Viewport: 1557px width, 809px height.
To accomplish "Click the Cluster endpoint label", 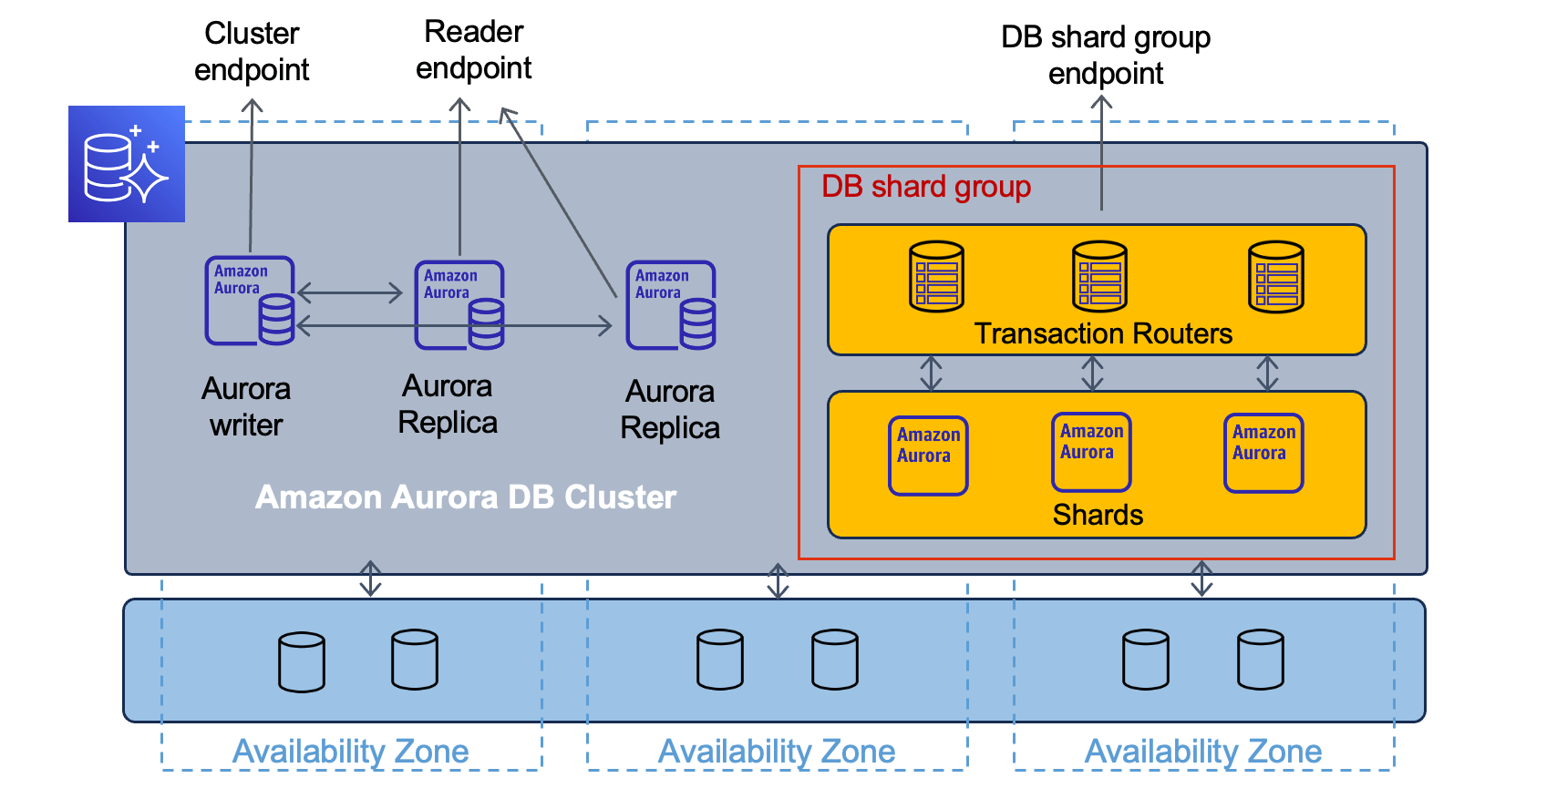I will tap(252, 51).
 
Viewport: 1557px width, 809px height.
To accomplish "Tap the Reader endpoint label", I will tap(473, 49).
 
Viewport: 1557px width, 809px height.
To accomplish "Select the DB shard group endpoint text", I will tap(1105, 55).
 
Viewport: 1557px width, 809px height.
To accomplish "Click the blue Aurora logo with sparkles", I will tap(127, 164).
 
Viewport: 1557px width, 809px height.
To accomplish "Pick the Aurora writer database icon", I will tap(250, 301).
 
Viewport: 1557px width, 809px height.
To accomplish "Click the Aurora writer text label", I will tap(246, 406).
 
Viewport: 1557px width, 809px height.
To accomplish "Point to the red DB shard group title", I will tap(925, 187).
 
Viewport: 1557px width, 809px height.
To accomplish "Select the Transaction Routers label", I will tap(1103, 333).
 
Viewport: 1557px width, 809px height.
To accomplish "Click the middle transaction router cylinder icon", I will tap(1099, 276).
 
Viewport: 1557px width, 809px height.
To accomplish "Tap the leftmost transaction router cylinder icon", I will tap(936, 276).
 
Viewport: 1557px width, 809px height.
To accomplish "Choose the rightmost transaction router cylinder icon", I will tap(1275, 276).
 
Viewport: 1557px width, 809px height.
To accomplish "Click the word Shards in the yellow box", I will tap(1098, 515).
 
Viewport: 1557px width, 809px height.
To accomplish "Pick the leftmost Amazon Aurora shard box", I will tap(928, 456).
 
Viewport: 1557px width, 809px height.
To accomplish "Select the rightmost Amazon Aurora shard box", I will tap(1263, 453).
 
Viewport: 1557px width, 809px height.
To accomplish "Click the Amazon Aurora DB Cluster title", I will tap(465, 497).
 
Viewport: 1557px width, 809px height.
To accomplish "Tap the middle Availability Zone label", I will tap(777, 752).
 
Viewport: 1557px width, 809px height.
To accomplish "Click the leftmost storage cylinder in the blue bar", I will tap(302, 662).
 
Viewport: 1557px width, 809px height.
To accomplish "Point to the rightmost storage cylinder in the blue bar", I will tap(1261, 660).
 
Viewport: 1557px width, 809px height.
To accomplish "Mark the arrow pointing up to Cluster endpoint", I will tap(252, 173).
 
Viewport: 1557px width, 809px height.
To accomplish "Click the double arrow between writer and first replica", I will tap(350, 292).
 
